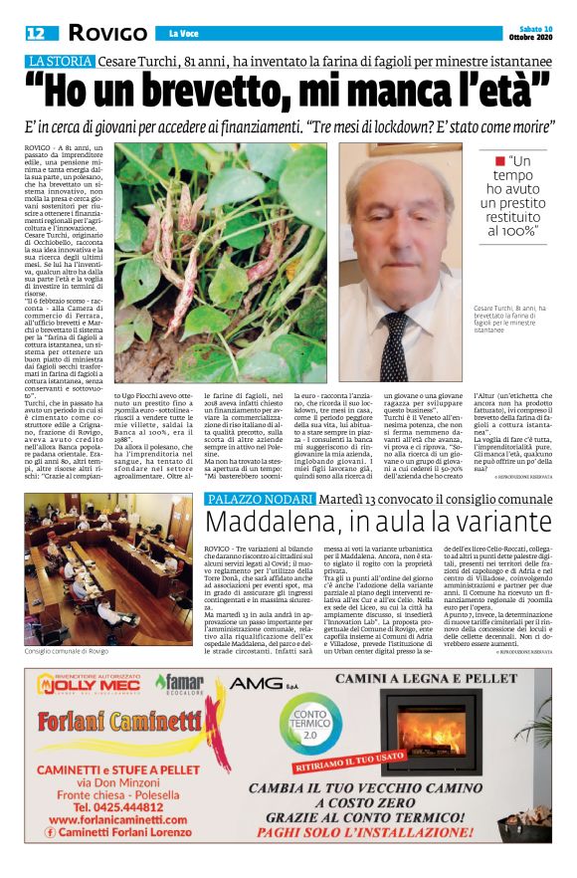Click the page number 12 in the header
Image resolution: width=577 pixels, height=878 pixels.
tap(35, 33)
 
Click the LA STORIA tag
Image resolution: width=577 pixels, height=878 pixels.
tap(59, 62)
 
